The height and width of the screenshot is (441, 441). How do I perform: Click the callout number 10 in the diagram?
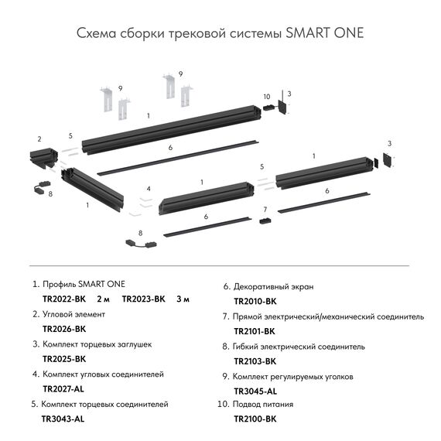(x=266, y=97)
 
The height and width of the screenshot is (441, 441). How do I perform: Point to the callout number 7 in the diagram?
(x=264, y=210)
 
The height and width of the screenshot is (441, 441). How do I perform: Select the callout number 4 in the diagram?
(x=147, y=189)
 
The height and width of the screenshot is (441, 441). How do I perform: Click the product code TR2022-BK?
(x=63, y=299)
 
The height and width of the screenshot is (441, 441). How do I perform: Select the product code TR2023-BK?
(x=144, y=299)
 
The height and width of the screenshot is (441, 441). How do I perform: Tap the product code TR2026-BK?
(x=63, y=329)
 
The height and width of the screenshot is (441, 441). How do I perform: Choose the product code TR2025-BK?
(x=63, y=359)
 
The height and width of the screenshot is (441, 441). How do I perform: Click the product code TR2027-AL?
(x=63, y=388)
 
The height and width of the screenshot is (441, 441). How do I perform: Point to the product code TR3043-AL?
(x=63, y=419)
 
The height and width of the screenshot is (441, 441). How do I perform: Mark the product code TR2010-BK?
(x=255, y=301)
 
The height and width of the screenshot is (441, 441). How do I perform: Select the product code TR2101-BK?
(x=255, y=331)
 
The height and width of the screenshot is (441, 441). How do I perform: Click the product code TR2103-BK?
(x=255, y=361)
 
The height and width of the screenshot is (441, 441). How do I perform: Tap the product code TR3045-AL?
(x=255, y=391)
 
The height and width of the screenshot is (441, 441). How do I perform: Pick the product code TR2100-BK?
(x=255, y=419)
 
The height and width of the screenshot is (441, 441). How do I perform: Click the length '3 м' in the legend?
(x=183, y=299)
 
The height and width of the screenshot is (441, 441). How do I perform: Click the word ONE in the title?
(x=344, y=34)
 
